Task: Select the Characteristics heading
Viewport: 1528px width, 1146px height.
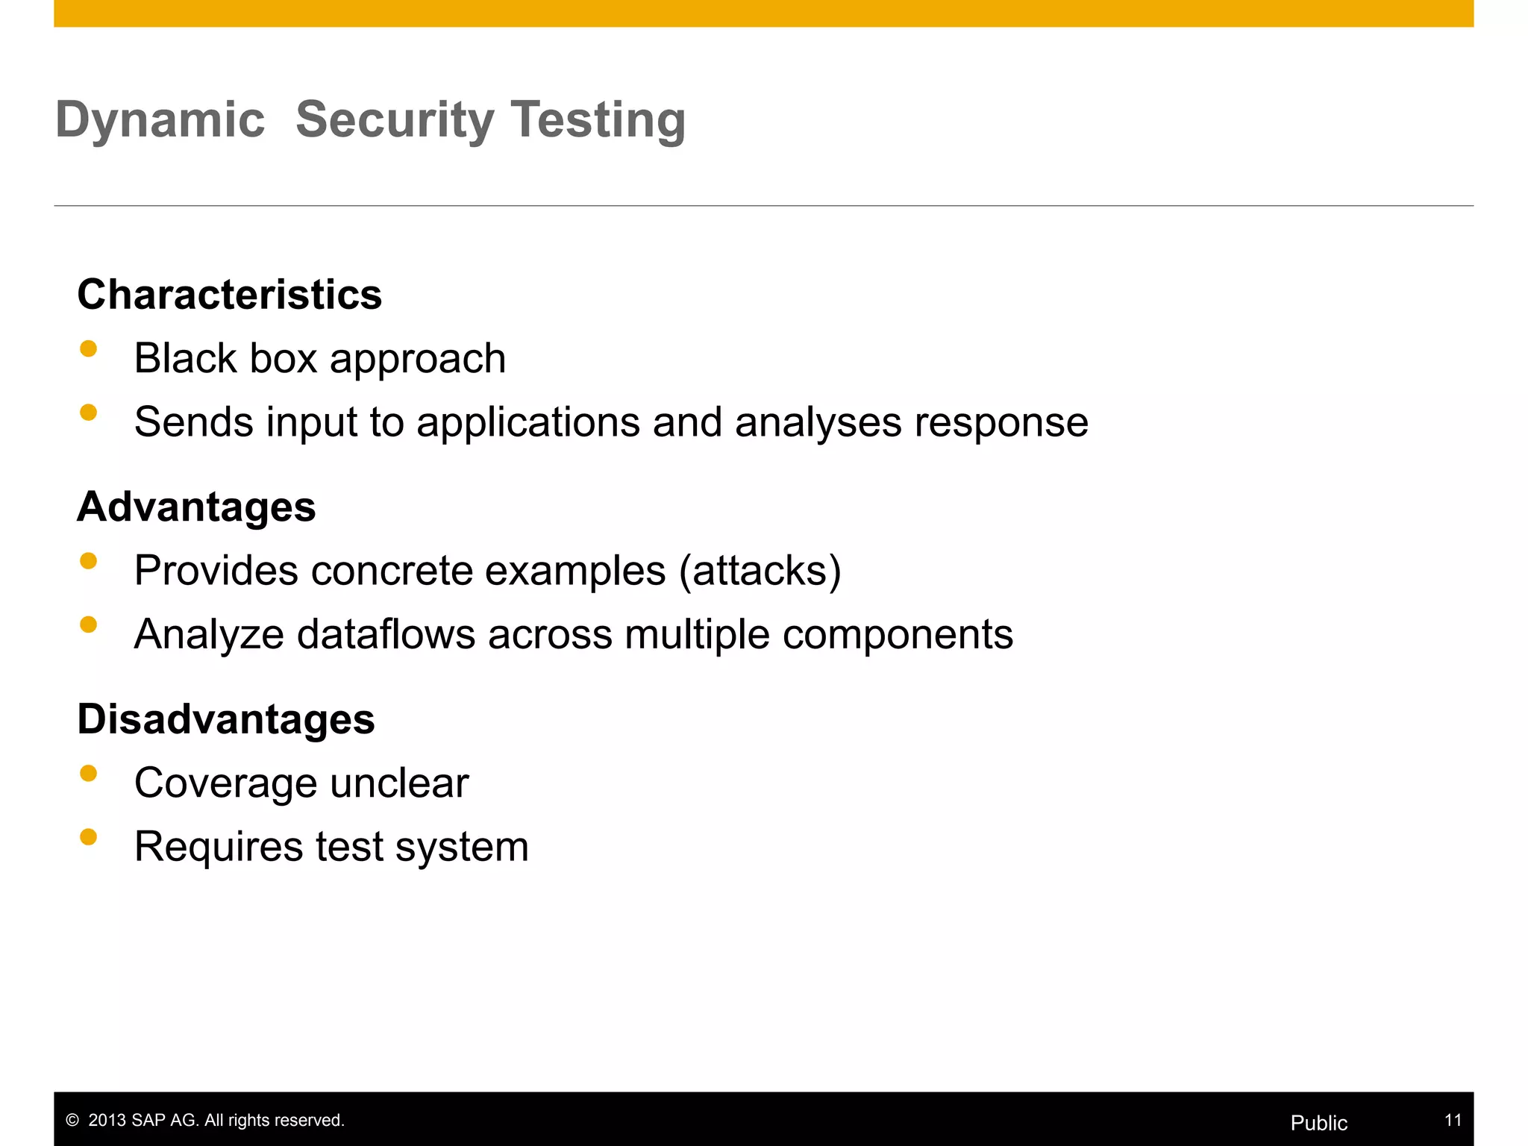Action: coord(229,294)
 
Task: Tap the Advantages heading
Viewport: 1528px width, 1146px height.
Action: coord(196,507)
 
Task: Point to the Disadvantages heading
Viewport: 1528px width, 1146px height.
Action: coord(226,719)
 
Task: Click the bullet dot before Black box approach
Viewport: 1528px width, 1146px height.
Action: coord(89,349)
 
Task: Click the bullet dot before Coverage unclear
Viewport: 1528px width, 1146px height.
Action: coord(89,774)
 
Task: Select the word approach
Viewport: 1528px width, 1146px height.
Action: coord(418,360)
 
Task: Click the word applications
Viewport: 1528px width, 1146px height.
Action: coord(528,422)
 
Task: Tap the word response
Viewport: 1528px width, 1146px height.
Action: coord(1001,424)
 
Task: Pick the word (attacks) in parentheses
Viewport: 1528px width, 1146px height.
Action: coord(760,571)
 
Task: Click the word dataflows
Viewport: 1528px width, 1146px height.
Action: coord(386,634)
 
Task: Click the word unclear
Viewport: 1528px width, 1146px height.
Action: coord(399,783)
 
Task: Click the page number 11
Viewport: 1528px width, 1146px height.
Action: coord(1453,1120)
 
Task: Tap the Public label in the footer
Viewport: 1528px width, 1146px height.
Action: coord(1318,1123)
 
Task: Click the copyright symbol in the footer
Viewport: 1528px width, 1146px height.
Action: coord(72,1121)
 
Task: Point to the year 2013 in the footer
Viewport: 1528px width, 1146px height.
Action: coord(107,1121)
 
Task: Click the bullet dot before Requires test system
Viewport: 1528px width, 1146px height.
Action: coord(89,837)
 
